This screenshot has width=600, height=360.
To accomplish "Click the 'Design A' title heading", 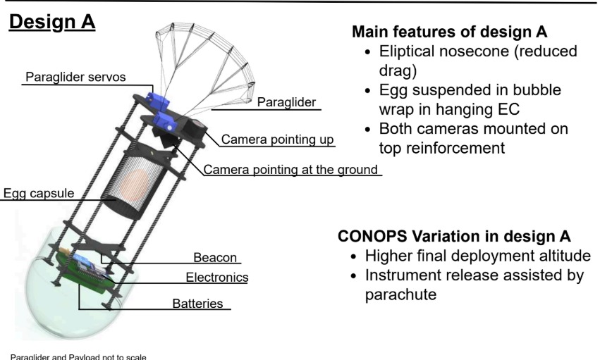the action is point(52,22).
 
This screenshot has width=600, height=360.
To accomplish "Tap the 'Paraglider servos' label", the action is point(75,77).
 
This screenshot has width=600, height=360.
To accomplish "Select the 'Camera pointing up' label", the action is point(277,139).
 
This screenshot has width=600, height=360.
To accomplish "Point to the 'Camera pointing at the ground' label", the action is point(290,169).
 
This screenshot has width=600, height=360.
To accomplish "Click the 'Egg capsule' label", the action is point(39,193).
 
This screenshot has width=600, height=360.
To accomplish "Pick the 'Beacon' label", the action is point(215,258).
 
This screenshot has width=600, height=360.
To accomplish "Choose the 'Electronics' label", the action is point(217,278).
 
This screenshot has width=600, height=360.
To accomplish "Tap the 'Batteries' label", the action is point(197,304).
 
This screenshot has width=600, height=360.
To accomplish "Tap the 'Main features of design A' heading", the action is point(450,32).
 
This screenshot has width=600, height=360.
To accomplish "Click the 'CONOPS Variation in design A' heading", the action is point(454,236).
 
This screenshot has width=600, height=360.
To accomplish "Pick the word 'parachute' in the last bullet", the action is point(400,294).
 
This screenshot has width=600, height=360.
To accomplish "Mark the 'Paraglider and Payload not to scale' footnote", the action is point(78,357).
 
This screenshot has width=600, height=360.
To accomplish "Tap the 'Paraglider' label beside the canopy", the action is point(286,102).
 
